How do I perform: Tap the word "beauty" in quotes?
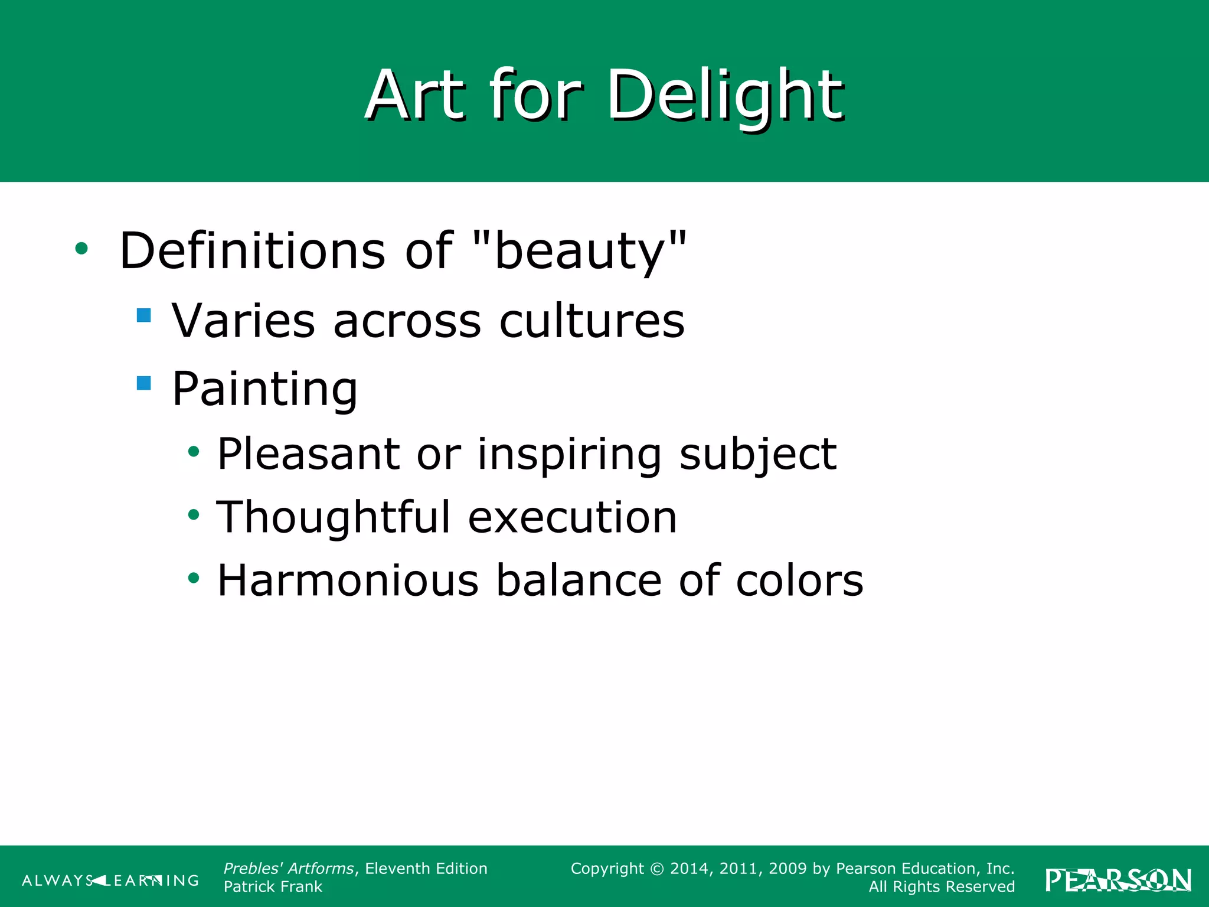tap(581, 251)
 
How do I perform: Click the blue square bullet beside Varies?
tap(143, 315)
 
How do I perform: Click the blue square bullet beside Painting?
tap(143, 383)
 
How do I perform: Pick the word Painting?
tap(264, 390)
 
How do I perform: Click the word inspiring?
tap(569, 455)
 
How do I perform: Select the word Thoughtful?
tap(334, 517)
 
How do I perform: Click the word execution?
tap(572, 518)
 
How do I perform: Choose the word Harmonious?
tap(348, 580)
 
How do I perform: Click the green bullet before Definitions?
tap(81, 249)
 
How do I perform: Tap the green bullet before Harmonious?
tap(194, 578)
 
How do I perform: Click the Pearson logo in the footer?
tap(1118, 880)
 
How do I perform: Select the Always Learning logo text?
tap(110, 880)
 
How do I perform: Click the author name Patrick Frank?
tap(273, 887)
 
